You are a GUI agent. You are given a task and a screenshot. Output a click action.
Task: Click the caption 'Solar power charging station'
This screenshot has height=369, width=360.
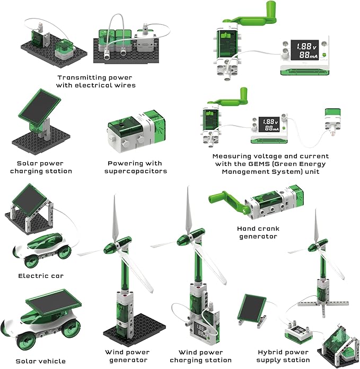45,168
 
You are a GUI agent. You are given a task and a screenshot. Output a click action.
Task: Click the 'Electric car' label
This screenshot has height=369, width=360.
41,276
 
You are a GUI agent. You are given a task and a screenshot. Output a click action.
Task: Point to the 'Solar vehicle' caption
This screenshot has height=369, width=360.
41,361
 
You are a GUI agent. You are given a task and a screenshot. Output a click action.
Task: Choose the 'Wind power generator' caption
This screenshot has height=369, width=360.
127,356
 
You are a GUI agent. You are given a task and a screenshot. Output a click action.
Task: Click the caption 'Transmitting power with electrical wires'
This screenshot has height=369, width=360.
96,81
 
